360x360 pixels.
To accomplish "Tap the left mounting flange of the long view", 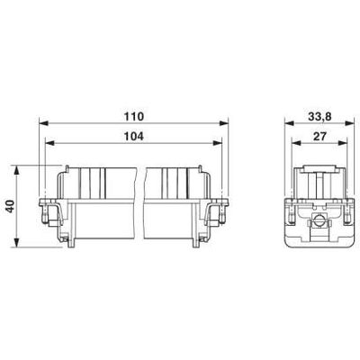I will [49, 213].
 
